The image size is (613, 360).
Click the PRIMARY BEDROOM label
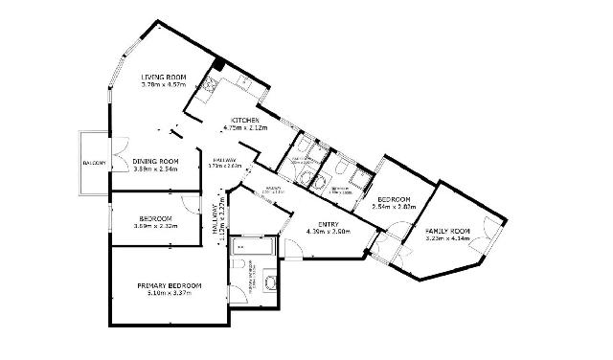click(169, 286)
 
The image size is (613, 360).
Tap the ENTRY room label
click(327, 224)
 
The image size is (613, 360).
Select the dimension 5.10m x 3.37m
click(169, 293)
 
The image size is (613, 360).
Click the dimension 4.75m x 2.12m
click(243, 127)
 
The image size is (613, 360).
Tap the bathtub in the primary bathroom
click(253, 246)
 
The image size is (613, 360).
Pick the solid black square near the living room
click(219, 66)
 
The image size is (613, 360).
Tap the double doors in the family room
click(489, 230)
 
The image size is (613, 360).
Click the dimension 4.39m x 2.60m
click(327, 232)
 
